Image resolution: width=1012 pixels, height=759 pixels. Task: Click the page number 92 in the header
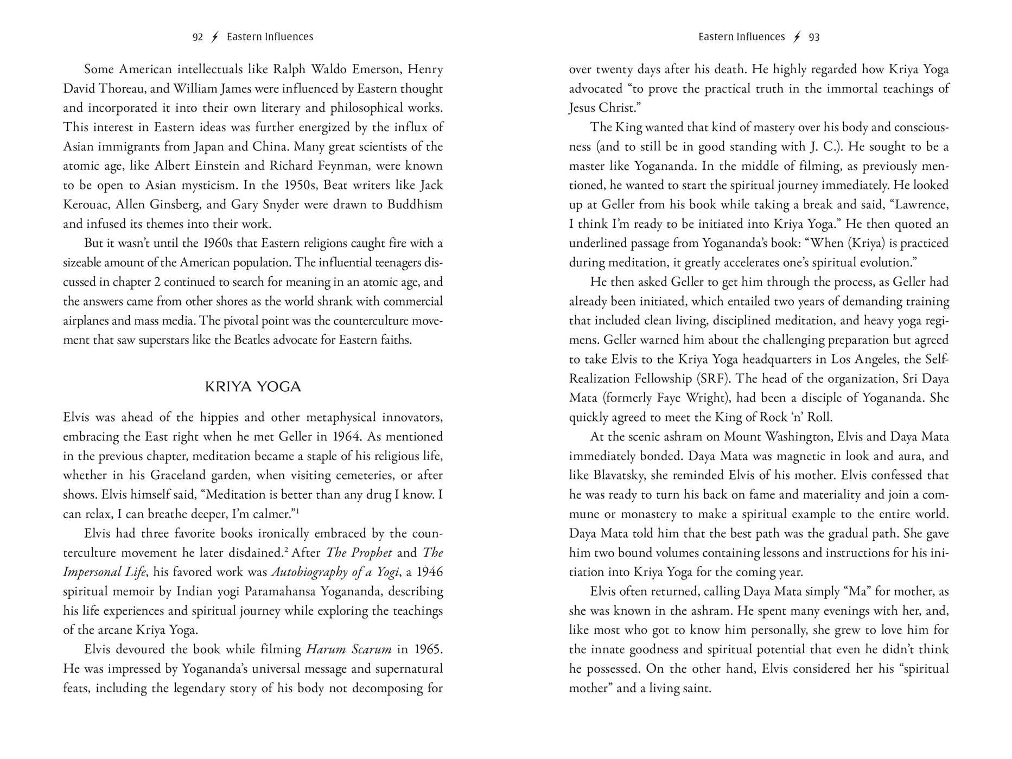pos(198,37)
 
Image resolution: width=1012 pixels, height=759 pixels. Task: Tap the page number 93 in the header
pos(814,37)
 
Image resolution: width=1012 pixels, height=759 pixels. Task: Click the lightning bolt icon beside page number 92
pos(215,37)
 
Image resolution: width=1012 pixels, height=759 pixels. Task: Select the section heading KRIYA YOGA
pos(253,387)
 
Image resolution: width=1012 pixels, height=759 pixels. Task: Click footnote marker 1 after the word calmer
pos(297,511)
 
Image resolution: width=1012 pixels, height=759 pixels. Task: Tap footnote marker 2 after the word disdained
pos(286,550)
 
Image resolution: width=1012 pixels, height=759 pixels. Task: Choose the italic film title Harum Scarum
pos(348,649)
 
